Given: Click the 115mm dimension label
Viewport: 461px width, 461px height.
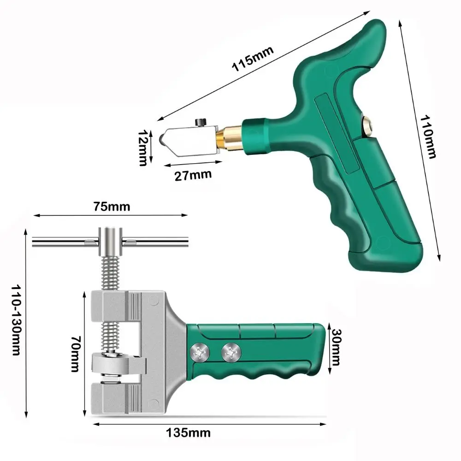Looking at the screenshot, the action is click(253, 59).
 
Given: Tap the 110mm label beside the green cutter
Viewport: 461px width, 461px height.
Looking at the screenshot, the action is click(428, 137).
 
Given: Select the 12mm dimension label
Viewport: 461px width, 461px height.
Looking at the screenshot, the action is click(142, 148).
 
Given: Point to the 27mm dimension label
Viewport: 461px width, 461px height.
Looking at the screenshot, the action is click(193, 175).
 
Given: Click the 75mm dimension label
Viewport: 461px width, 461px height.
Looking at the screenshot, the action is click(112, 207).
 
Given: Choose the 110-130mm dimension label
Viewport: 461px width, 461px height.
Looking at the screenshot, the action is click(16, 320).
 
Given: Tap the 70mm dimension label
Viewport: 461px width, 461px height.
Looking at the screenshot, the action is click(76, 354).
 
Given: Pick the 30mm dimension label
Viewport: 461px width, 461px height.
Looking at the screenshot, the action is click(336, 347).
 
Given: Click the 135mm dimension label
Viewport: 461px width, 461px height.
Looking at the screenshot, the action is click(188, 433).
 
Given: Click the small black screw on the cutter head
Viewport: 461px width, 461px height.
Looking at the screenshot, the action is click(201, 122).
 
